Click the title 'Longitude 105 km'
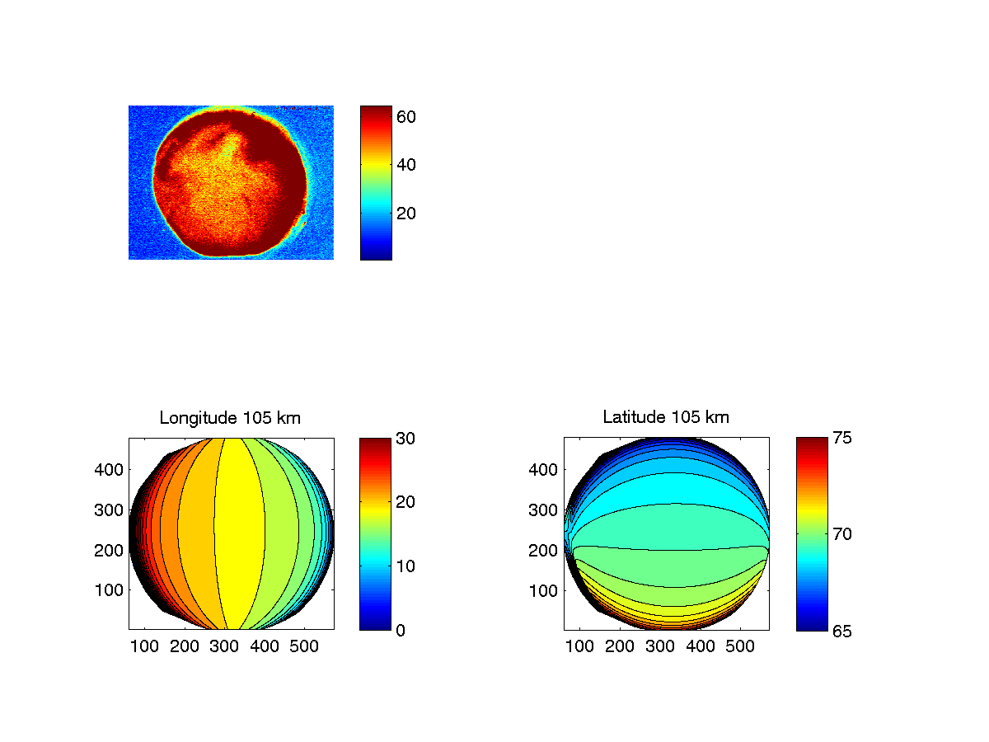point(230,418)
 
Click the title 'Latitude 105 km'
point(666,418)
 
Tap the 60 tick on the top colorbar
point(405,117)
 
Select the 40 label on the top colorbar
point(405,165)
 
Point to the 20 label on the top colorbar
point(405,213)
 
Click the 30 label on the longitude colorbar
point(405,438)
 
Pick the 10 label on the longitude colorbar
point(405,566)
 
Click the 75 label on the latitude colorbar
point(841,438)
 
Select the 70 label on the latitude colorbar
point(841,534)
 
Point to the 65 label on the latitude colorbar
point(841,630)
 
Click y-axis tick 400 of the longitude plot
point(111,470)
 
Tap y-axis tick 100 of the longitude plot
point(111,590)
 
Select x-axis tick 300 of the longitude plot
point(224,647)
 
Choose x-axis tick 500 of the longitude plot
point(305,647)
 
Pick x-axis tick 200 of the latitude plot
point(620,647)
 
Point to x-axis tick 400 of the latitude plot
point(701,647)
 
